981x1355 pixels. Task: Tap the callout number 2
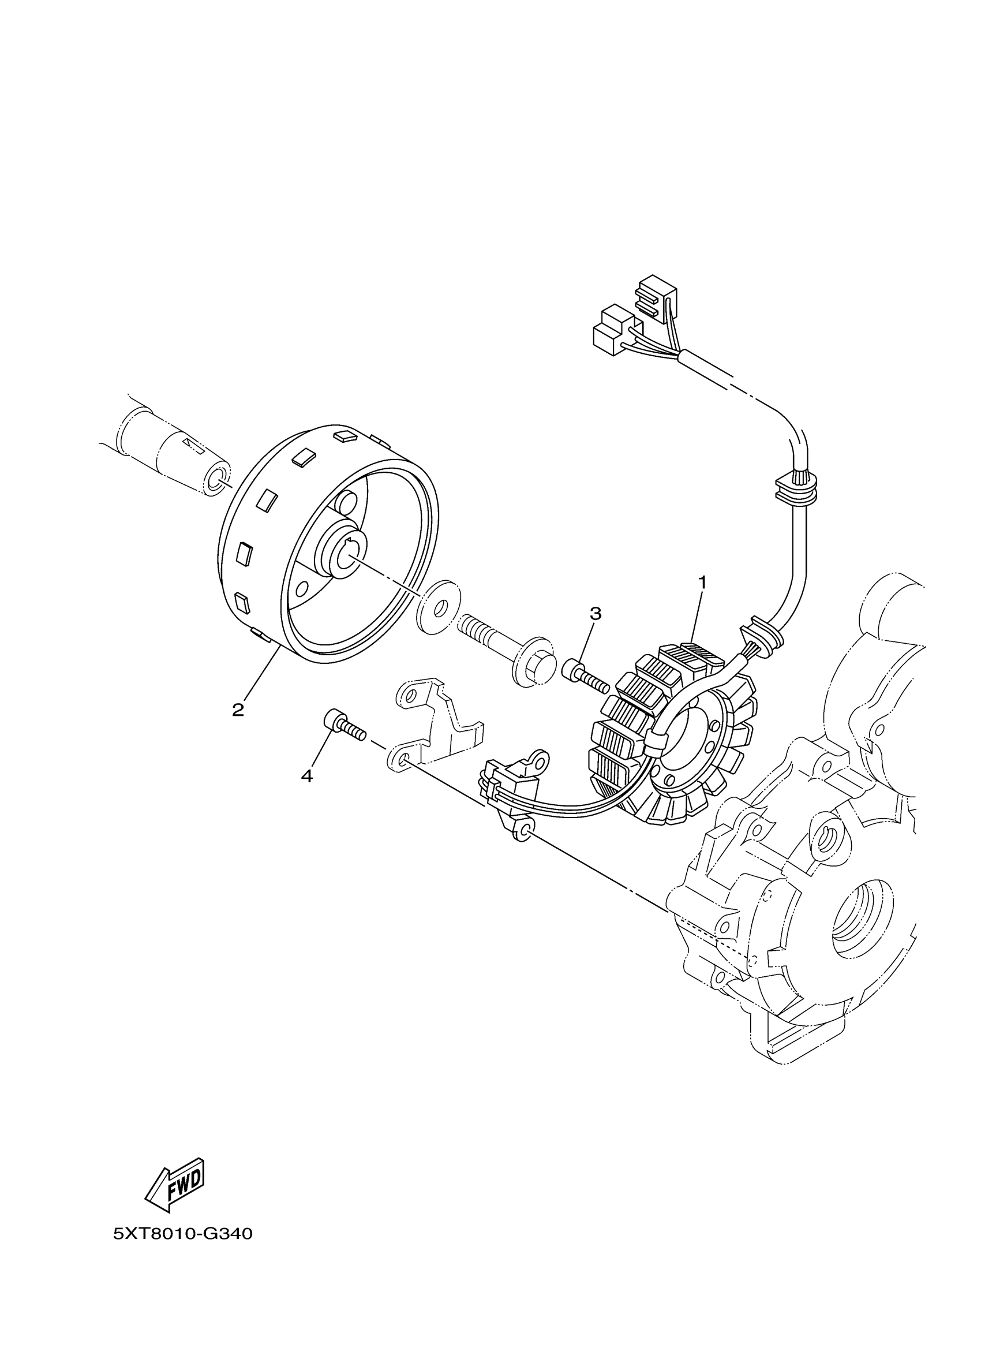pyautogui.click(x=238, y=710)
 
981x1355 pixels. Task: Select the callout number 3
pyautogui.click(x=596, y=613)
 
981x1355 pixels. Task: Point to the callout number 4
pyautogui.click(x=307, y=776)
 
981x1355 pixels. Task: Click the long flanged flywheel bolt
pyautogui.click(x=507, y=648)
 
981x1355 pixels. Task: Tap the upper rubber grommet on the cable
pyautogui.click(x=795, y=486)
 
